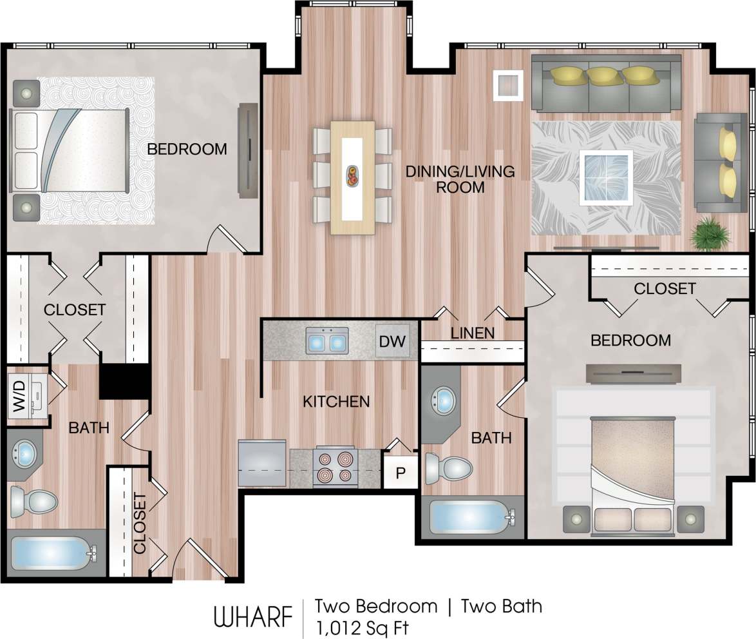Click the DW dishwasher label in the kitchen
392,341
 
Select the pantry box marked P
400,472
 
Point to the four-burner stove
335,467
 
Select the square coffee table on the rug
605,177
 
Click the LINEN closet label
472,333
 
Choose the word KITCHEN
336,402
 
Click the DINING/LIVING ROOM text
460,179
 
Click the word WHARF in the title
252,616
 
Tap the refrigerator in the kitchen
262,463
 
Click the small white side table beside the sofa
508,85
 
